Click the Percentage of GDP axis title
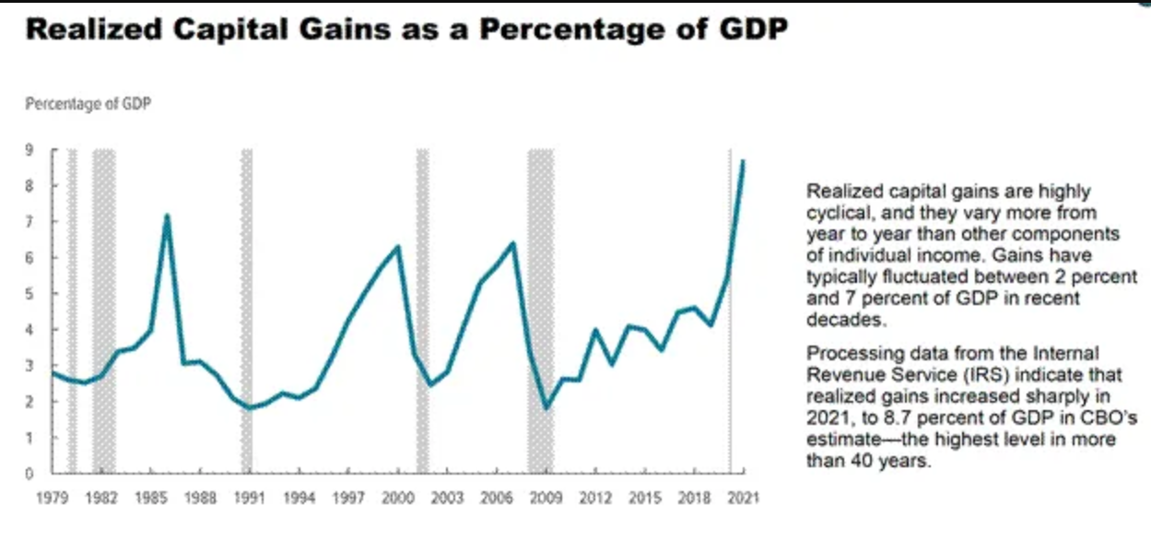[x=88, y=104]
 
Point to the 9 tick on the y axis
[x=29, y=150]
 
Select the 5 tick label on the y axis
[x=29, y=294]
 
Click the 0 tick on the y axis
[x=29, y=474]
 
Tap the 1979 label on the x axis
[x=52, y=499]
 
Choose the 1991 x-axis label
[x=249, y=499]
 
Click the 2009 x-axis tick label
[x=546, y=499]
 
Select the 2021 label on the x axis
[x=743, y=499]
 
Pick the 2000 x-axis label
[x=397, y=499]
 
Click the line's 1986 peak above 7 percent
[x=167, y=216]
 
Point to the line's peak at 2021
[x=743, y=161]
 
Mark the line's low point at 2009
[x=546, y=407]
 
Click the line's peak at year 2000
[x=397, y=246]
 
